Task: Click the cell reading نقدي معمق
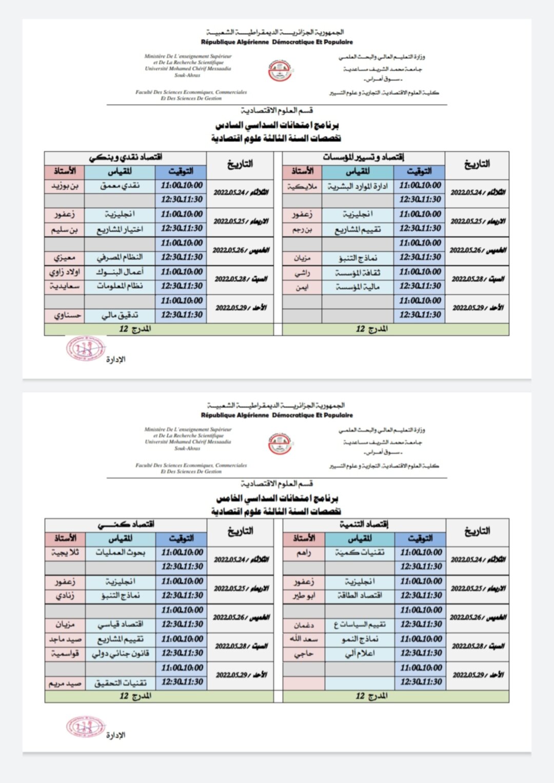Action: pyautogui.click(x=120, y=186)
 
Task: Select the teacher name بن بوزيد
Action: pyautogui.click(x=65, y=186)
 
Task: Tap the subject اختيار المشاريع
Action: pyautogui.click(x=120, y=229)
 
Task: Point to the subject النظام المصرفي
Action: pyautogui.click(x=120, y=257)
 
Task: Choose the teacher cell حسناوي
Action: pyautogui.click(x=65, y=315)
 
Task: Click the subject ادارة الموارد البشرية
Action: pyautogui.click(x=358, y=186)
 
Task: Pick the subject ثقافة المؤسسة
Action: pyautogui.click(x=358, y=272)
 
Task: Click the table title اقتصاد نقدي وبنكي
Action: pyautogui.click(x=126, y=157)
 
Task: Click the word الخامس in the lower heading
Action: pyautogui.click(x=232, y=498)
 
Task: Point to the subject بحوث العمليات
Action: pyautogui.click(x=121, y=553)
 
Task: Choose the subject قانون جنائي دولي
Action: pyautogui.click(x=121, y=653)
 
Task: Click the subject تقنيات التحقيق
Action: pyautogui.click(x=121, y=682)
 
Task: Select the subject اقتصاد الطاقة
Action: pyautogui.click(x=360, y=596)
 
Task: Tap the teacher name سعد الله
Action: pyautogui.click(x=304, y=639)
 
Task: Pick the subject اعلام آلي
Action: pyautogui.click(x=360, y=653)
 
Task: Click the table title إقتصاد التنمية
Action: pyautogui.click(x=364, y=524)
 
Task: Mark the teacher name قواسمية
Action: pyautogui.click(x=65, y=653)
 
